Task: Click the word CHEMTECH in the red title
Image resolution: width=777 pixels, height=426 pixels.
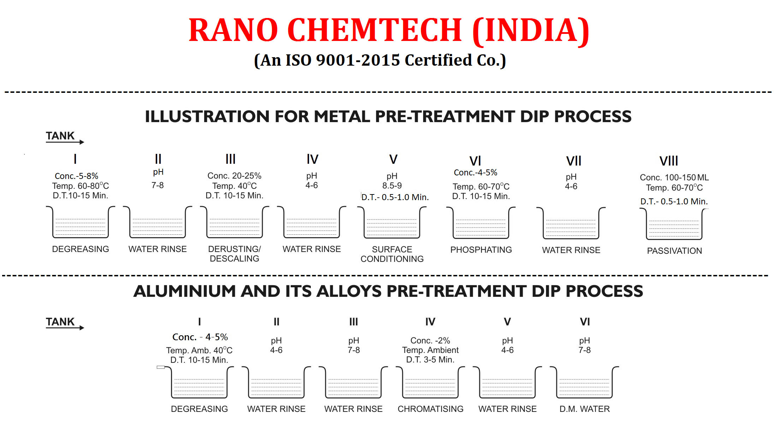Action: coord(375,30)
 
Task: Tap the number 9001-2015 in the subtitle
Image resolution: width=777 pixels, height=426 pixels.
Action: coord(357,60)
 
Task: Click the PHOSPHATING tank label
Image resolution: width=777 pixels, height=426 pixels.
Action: coord(481,250)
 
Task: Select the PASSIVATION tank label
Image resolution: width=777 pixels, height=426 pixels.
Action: coord(675,251)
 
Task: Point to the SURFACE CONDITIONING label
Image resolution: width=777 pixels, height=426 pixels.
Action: coord(392,254)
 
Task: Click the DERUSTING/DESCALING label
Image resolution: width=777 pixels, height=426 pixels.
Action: coord(235,254)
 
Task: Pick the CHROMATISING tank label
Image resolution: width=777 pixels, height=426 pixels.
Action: coord(431,409)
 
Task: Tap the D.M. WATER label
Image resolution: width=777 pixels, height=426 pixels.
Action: coord(585,409)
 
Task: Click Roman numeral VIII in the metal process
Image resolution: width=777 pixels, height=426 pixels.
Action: coord(669,161)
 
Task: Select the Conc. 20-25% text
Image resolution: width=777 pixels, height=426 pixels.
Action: coord(235,176)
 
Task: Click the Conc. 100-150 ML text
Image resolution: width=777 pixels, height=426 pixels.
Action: coord(674,178)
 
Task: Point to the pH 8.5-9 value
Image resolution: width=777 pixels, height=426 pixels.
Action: coord(392,181)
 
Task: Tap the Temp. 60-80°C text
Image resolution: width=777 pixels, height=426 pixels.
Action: coord(81,186)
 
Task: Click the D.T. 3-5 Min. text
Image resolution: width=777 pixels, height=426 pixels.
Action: coord(430,360)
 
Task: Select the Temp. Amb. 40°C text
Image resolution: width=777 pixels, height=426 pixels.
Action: coord(199,350)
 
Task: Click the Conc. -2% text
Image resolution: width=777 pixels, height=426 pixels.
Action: coord(430,341)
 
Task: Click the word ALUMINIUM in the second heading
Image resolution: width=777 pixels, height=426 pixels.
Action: coord(184,291)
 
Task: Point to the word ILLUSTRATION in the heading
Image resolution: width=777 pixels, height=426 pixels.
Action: coord(207,116)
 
